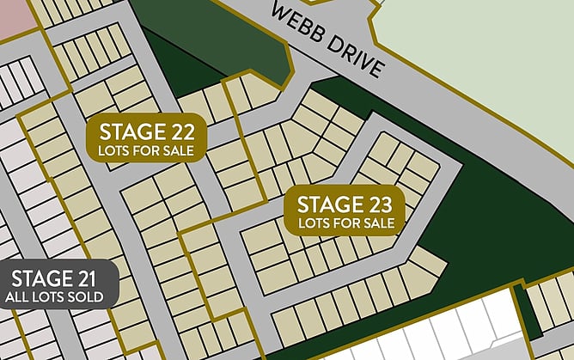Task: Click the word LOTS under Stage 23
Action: pyautogui.click(x=314, y=223)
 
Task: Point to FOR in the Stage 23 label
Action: pyautogui.click(x=346, y=223)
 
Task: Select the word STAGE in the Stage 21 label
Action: pyautogui.click(x=41, y=278)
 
